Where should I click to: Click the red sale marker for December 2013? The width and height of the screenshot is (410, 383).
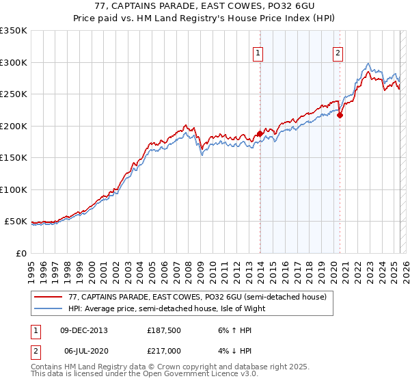(260, 133)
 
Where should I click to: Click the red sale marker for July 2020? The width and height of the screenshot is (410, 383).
(340, 115)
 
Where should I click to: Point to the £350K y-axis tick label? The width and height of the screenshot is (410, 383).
(14, 31)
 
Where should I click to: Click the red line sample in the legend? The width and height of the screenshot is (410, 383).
(48, 297)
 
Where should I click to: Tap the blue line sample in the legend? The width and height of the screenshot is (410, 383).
(48, 308)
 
